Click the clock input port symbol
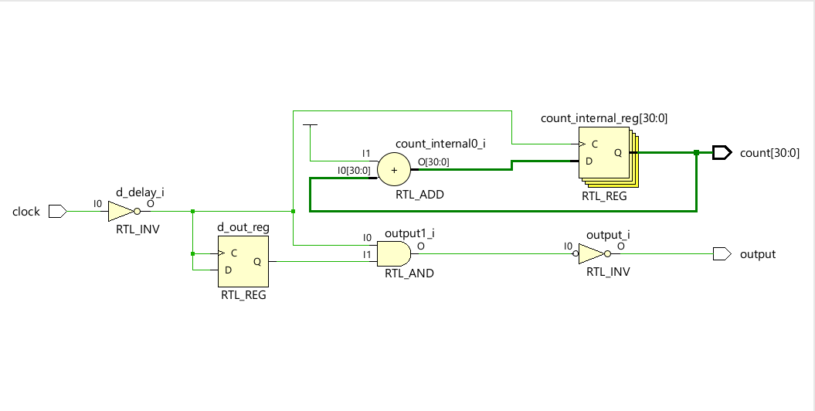pos(57,211)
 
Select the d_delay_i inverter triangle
pos(120,211)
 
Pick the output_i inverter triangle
pos(591,253)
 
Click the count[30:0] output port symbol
pos(722,153)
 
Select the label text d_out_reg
pos(243,227)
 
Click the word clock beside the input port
pos(26,212)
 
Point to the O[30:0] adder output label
pos(433,161)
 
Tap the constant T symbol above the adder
pos(310,125)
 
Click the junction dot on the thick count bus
pos(696,153)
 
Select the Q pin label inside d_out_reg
pos(256,261)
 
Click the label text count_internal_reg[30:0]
pos(603,118)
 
